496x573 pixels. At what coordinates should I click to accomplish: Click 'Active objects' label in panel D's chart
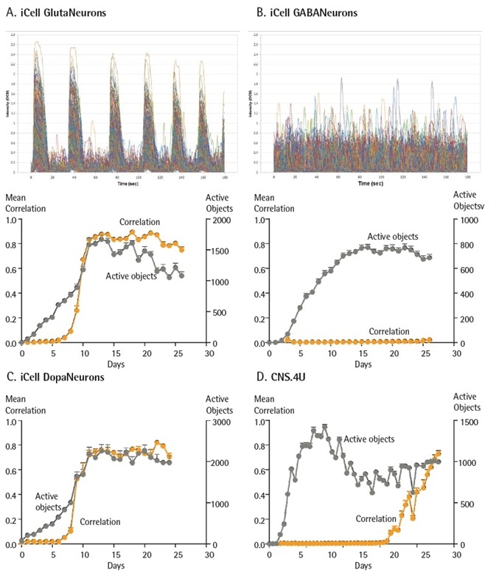369,439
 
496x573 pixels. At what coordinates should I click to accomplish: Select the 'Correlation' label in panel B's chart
388,331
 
